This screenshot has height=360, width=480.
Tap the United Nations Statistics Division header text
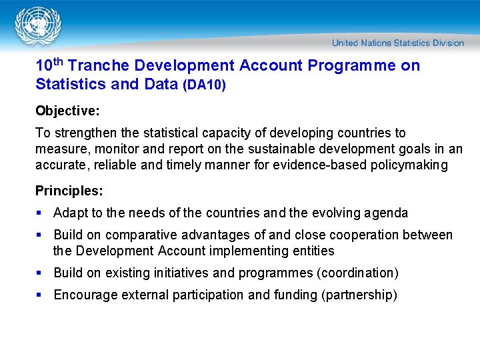397,43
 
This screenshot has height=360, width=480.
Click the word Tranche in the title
99,66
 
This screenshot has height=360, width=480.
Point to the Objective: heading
67,110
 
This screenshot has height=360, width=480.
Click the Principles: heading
69,191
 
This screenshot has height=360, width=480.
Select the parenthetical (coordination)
357,273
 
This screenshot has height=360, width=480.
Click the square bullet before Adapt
39,213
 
